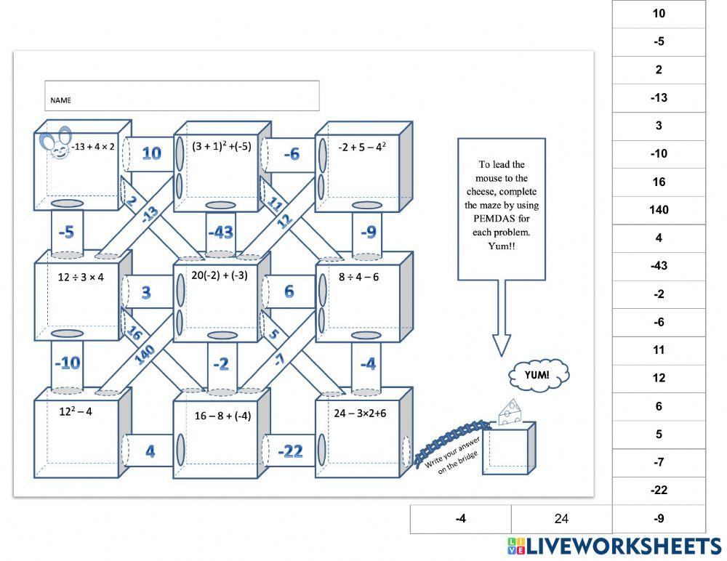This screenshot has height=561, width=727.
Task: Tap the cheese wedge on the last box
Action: tap(509, 412)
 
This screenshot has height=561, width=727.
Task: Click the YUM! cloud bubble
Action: tap(539, 375)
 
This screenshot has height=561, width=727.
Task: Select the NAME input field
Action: tap(182, 96)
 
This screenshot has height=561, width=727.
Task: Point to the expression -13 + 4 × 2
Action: tap(93, 147)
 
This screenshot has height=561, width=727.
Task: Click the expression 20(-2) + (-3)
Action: tap(220, 275)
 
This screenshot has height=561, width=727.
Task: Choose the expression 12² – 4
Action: tap(76, 411)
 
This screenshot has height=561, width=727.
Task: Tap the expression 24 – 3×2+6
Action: tap(360, 413)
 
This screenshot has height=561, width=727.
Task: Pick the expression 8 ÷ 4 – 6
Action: tap(358, 277)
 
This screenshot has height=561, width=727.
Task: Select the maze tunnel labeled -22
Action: tap(290, 451)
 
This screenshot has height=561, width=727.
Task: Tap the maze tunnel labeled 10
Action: tap(151, 153)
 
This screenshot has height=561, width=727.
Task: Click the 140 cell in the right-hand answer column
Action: tap(659, 210)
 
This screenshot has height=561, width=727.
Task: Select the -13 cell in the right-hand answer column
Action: tap(659, 98)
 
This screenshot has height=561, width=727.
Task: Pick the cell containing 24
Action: tap(561, 519)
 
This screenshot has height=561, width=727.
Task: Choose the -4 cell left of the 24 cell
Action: tap(461, 519)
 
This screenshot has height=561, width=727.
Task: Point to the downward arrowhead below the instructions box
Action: tap(502, 345)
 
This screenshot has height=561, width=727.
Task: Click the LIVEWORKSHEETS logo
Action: tap(614, 546)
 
